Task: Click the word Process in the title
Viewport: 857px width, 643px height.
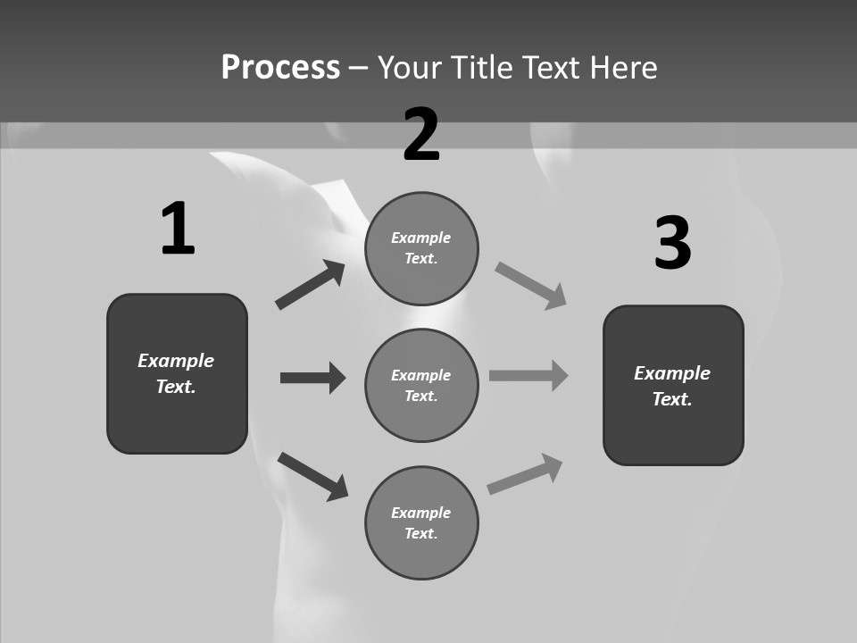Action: [280, 68]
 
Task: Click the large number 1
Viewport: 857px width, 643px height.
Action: [178, 230]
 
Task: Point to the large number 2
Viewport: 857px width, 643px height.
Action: [421, 135]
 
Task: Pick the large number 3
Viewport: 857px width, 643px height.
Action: [672, 243]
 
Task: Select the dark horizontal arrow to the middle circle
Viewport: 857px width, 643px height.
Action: [312, 378]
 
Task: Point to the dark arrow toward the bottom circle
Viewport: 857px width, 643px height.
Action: [312, 475]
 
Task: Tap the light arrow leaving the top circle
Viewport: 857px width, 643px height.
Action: [531, 286]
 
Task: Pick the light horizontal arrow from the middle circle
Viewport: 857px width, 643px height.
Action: [528, 376]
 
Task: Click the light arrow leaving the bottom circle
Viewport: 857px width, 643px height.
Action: [525, 474]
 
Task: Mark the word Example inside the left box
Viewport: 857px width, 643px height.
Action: [176, 361]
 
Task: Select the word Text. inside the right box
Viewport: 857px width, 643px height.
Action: [672, 399]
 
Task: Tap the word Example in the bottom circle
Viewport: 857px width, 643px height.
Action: [421, 513]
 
